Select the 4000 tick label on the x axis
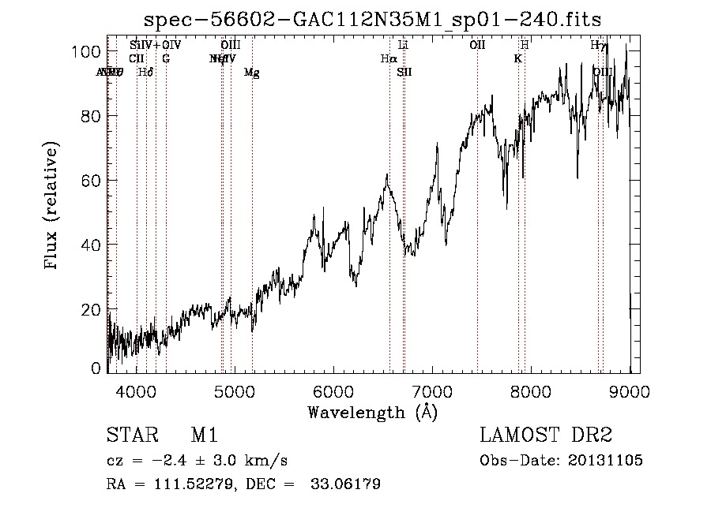click(137, 392)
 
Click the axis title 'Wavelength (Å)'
click(372, 412)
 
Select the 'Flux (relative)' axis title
click(53, 207)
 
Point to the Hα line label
click(387, 58)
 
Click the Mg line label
click(251, 73)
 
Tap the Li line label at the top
click(403, 45)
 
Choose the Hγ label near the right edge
click(599, 45)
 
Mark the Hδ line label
click(145, 73)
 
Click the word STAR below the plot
click(130, 435)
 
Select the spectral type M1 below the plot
click(204, 435)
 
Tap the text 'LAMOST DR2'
click(546, 435)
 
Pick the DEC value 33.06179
click(347, 484)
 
